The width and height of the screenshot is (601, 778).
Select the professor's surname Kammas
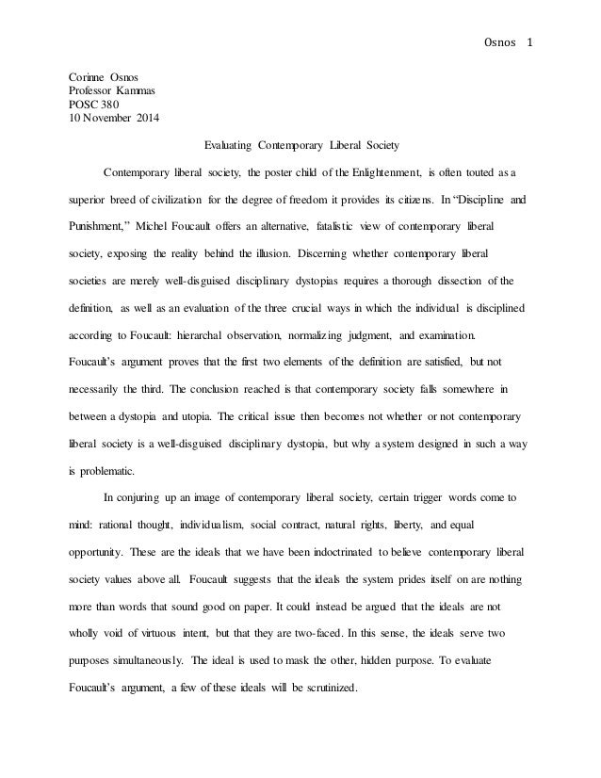(x=139, y=91)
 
